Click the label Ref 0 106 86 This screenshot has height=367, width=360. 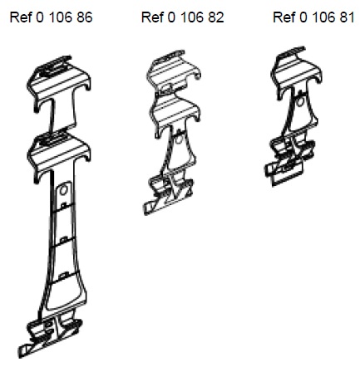click(x=51, y=17)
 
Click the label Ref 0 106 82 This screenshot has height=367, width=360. click(x=183, y=17)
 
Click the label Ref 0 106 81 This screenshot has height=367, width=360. click(x=313, y=17)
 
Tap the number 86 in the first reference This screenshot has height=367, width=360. click(x=85, y=17)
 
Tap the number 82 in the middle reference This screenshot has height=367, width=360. click(x=216, y=17)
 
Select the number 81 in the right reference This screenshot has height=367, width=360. click(x=348, y=17)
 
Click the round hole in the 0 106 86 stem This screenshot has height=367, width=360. click(x=63, y=190)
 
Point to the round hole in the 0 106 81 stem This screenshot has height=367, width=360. click(x=299, y=101)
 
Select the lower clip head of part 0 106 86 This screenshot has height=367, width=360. click(x=59, y=156)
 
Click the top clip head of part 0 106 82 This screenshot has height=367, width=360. click(x=174, y=72)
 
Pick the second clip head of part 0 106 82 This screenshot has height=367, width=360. click(x=175, y=114)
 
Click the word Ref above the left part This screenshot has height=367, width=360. click(x=21, y=17)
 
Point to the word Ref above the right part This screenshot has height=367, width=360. click(x=284, y=17)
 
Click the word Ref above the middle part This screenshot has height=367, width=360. click(x=152, y=17)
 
